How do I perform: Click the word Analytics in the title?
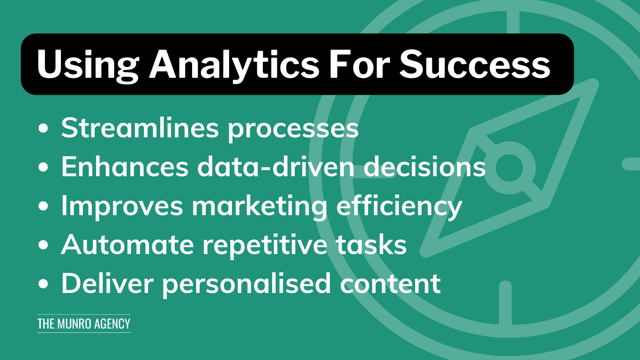pos(234,65)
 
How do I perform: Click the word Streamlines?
pos(140,127)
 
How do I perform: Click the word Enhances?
pos(125,166)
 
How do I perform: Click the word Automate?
pos(127,244)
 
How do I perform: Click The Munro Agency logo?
pos(84,323)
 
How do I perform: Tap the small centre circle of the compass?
pos(509,167)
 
